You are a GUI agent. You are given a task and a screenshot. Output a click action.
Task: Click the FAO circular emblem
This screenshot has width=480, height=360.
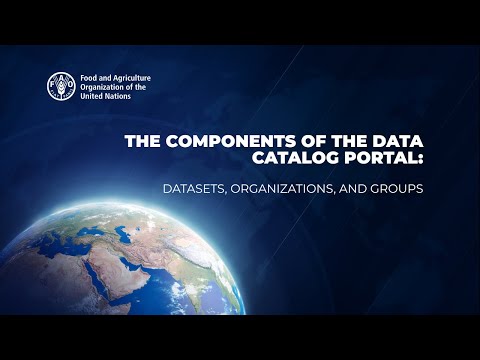62,86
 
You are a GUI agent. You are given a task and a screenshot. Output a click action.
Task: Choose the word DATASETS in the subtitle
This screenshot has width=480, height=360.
199,188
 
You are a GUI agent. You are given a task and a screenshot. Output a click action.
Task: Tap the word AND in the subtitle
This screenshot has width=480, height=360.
362,188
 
